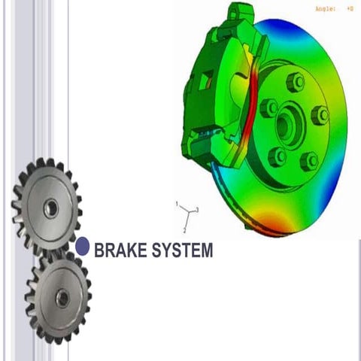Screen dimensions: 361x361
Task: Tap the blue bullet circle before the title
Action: tap(83, 246)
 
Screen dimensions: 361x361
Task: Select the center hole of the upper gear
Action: tap(50, 208)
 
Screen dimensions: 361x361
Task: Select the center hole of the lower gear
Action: tap(62, 299)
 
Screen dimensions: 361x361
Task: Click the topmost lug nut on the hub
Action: tap(296, 82)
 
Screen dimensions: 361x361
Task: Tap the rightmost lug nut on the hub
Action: tap(320, 116)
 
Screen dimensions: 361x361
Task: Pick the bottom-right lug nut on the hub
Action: tap(308, 160)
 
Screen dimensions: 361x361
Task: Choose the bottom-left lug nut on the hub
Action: tap(278, 156)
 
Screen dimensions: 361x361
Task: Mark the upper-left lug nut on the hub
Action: tap(269, 108)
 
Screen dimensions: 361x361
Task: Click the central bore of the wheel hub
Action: tap(288, 124)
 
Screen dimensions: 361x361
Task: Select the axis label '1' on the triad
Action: tap(177, 204)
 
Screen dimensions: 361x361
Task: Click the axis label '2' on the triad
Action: tap(185, 230)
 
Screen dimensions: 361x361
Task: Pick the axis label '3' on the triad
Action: tap(196, 209)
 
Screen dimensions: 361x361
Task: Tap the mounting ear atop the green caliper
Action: tap(241, 12)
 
